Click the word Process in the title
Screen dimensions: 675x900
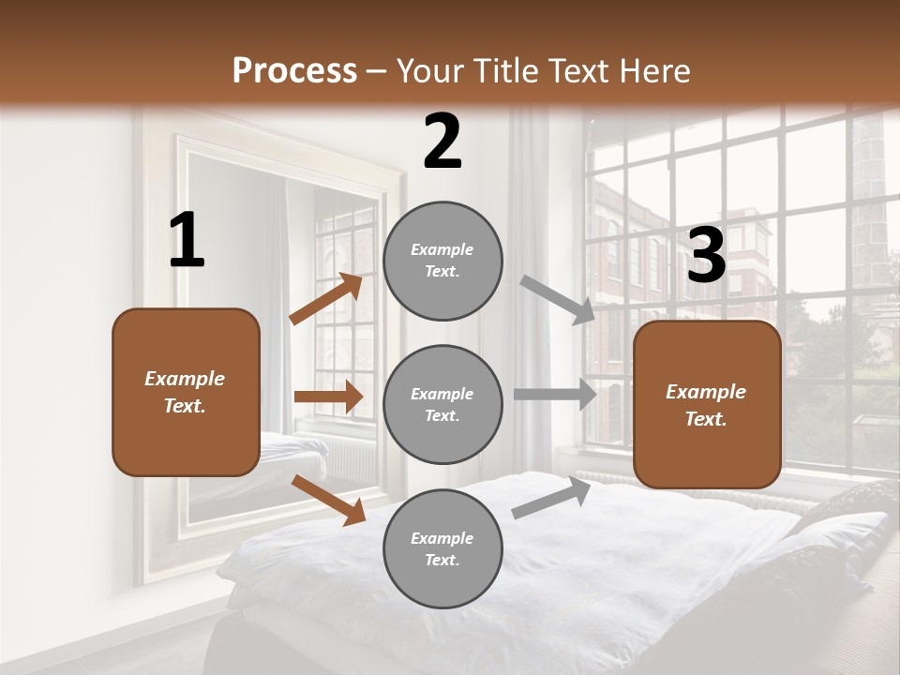point(294,71)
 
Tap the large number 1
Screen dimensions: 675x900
point(187,241)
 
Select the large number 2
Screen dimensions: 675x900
point(442,142)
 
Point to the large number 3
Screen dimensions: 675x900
point(706,256)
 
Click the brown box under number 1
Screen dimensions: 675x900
point(186,392)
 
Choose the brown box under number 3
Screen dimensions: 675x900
point(707,405)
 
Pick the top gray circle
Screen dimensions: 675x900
point(442,261)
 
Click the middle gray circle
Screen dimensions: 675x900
point(442,405)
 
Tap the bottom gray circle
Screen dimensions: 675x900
point(442,549)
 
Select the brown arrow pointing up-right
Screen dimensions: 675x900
point(326,299)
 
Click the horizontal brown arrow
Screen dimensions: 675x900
point(328,397)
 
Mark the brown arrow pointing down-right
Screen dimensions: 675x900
point(329,500)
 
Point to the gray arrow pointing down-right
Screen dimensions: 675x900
point(558,300)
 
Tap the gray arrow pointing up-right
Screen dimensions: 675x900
point(551,498)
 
